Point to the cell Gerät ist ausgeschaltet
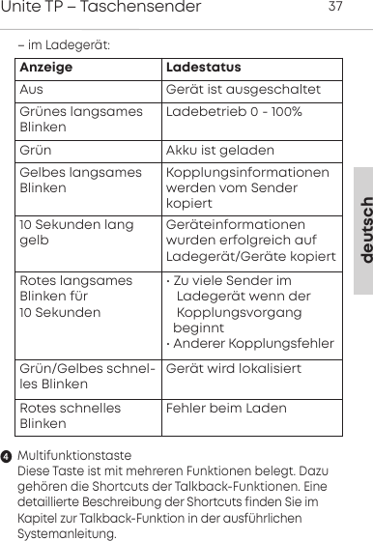(x=244, y=90)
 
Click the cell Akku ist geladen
(x=220, y=152)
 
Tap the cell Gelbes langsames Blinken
(x=77, y=180)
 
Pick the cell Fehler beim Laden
(x=226, y=409)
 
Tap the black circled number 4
(x=7, y=456)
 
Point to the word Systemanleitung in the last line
(x=67, y=532)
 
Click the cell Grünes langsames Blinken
(x=77, y=121)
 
